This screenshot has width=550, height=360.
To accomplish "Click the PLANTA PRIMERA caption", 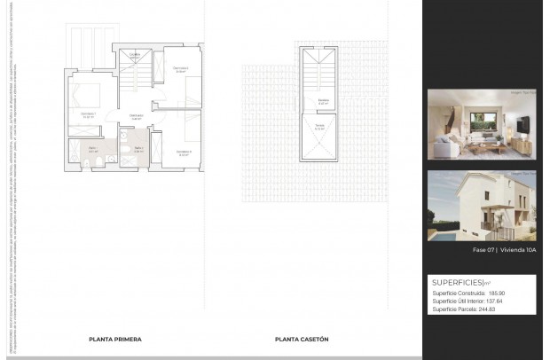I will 115,339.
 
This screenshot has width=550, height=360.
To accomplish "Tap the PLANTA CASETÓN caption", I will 302,339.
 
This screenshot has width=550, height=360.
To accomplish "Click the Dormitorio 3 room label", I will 183,152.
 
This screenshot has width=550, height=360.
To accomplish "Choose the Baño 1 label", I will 92,150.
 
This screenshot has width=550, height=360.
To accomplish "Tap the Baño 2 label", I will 138,149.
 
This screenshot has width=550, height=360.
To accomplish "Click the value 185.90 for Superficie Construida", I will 496,293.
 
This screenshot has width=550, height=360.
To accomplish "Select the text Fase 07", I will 483,251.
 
